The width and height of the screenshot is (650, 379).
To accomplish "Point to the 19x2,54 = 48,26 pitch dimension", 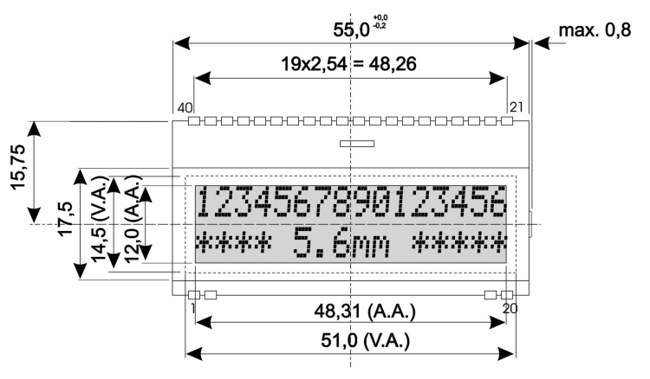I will coord(349,63).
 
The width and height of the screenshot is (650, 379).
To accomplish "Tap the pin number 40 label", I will coord(184,107).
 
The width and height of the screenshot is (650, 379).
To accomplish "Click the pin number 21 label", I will coord(517,107).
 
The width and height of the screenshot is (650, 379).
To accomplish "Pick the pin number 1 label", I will coord(190,307).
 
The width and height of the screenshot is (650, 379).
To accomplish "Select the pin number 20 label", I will coord(510,307).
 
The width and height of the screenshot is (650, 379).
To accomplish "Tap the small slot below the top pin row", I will coord(356,145).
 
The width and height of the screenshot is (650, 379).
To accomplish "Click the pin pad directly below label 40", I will coord(194,122).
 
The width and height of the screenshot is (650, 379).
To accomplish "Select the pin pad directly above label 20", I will coord(507,294).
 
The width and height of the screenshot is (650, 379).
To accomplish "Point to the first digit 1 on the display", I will coord(204,204).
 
